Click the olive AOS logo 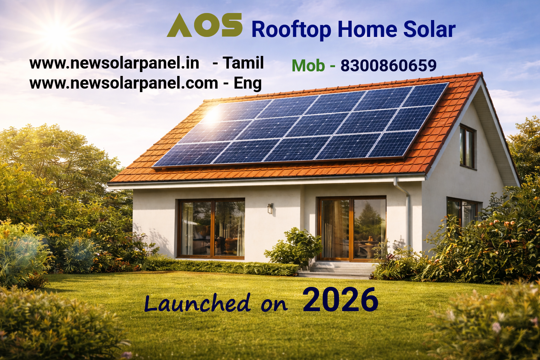point(205,25)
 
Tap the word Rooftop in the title point(291,30)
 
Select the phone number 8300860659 point(388,65)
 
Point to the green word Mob point(308,65)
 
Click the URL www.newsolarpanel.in point(114,63)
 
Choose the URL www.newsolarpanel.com point(124,83)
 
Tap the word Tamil point(243,63)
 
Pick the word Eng point(247,84)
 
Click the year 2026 point(340,300)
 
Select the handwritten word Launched point(197,303)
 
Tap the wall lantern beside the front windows point(270,208)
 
